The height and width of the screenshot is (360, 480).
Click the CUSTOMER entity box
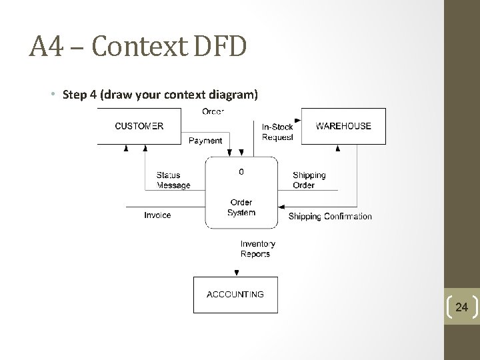[x=139, y=126]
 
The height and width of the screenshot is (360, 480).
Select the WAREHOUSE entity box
[x=343, y=126]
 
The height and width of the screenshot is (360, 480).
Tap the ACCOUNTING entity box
[x=235, y=294]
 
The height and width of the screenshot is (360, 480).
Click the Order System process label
[x=241, y=207]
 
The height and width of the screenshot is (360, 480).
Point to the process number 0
[x=241, y=171]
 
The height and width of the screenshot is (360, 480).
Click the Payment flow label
[x=205, y=141]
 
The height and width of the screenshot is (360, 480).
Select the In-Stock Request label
[x=277, y=132]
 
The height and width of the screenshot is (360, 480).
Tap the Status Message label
[x=173, y=180]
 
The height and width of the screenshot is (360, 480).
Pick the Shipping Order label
[x=309, y=180]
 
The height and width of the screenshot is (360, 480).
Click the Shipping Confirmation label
[x=330, y=217]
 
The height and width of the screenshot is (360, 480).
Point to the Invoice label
[x=157, y=215]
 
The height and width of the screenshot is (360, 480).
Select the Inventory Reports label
[x=257, y=249]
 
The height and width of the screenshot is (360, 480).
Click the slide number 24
[x=462, y=307]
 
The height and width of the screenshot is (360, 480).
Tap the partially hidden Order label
[x=213, y=111]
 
